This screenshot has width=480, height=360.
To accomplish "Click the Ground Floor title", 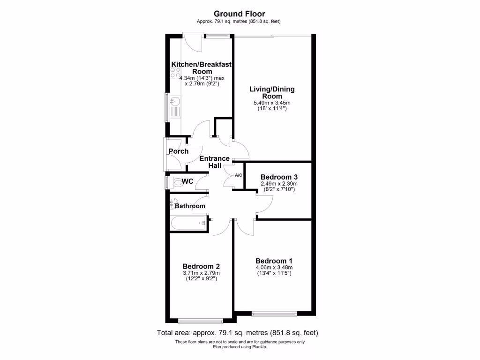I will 240,14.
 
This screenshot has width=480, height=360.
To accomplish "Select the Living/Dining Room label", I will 272,92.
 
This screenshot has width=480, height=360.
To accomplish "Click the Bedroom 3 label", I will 279,177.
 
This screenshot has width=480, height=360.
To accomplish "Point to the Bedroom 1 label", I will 274,261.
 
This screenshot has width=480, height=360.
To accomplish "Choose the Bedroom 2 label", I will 202,265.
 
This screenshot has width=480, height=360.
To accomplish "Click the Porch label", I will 179,151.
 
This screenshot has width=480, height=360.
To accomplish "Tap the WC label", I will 187,181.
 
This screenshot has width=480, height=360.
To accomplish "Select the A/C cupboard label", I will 238,175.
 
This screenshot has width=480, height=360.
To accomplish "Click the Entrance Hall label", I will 214,162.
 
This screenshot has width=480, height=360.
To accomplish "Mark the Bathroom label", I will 190,206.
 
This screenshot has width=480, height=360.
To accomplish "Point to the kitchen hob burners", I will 175,73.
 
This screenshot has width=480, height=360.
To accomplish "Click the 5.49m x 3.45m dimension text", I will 272,103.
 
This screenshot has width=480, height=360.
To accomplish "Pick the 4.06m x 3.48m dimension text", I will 274,268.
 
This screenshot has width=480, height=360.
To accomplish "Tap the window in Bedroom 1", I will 274,313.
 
